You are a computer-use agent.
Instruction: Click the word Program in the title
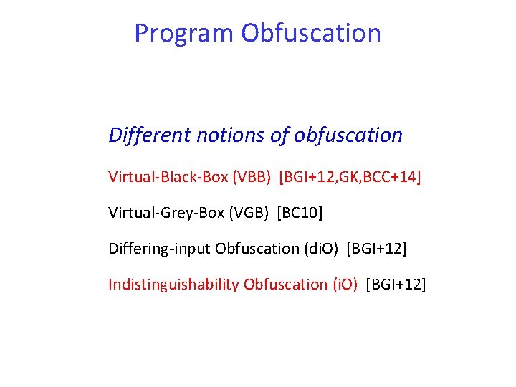point(184,34)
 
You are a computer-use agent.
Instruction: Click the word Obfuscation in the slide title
point(311,33)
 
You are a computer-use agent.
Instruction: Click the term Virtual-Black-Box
point(168,176)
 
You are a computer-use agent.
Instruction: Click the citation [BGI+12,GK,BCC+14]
point(350,176)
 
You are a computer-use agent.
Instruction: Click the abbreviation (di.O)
point(321,249)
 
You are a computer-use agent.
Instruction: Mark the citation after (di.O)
point(376,249)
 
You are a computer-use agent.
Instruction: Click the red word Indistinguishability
point(173,285)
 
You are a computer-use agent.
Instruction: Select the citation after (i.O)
point(396,285)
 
